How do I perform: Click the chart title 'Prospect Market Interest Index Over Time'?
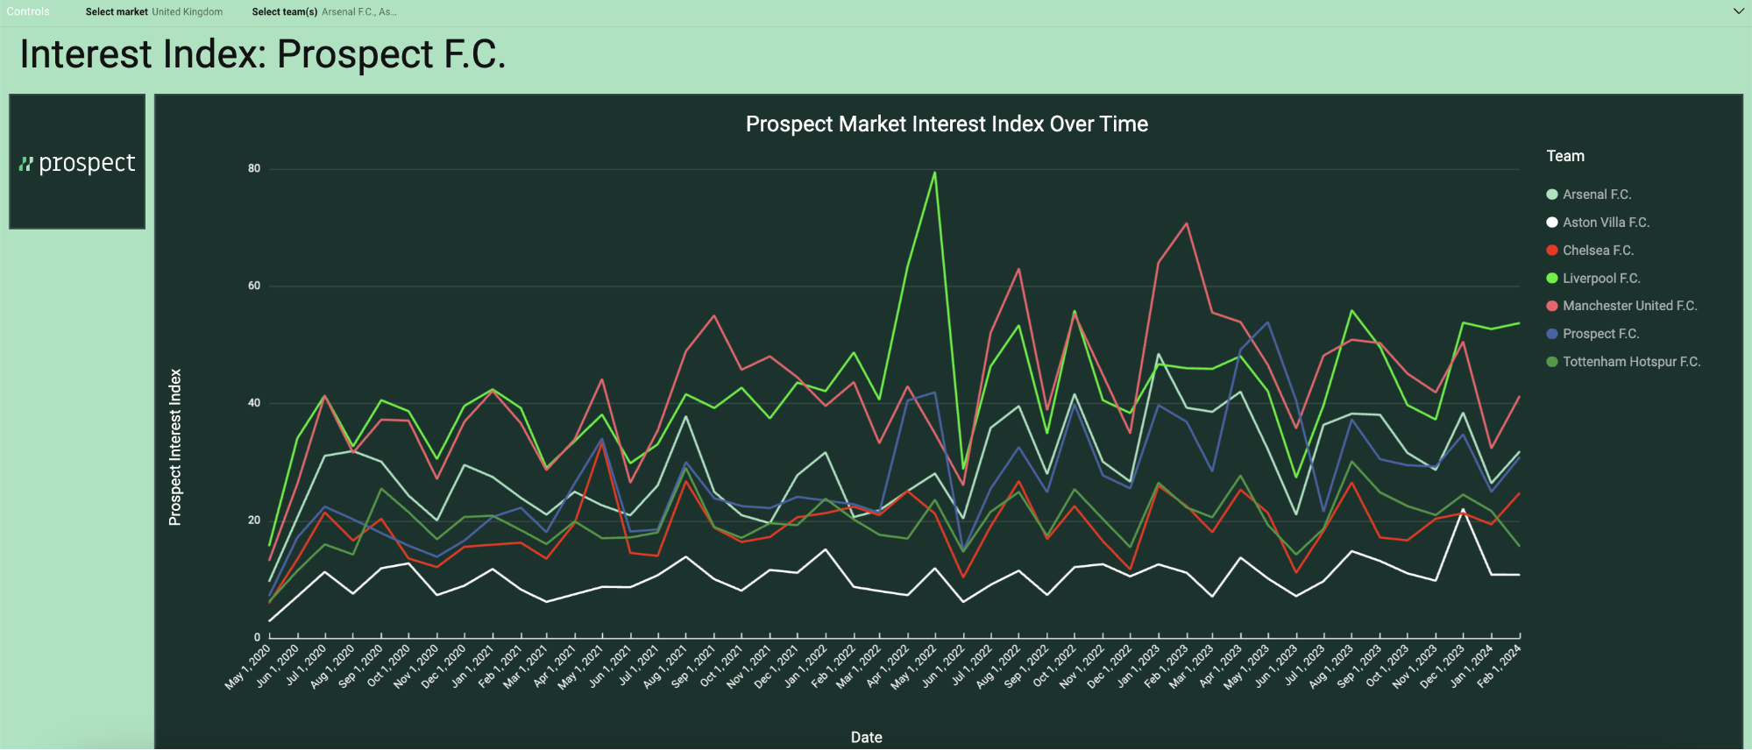pos(947,124)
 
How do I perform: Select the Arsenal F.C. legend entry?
pos(1596,195)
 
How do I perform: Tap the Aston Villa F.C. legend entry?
pos(1605,223)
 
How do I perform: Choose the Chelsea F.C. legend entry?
pos(1597,251)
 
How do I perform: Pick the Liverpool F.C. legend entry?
pos(1600,279)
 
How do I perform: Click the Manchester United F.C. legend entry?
pos(1628,306)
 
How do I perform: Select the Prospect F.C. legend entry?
pos(1599,334)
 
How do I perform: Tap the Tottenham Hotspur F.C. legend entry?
pos(1630,362)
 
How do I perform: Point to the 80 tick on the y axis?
pos(254,168)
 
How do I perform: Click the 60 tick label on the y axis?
pos(254,286)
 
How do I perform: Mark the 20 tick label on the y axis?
pos(254,520)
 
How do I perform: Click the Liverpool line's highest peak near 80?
pos(935,173)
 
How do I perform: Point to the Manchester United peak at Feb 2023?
pos(1187,223)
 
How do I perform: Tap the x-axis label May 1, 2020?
pos(248,668)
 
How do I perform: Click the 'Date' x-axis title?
pos(866,737)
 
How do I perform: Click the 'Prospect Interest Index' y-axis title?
pos(175,447)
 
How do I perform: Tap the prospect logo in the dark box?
pos(77,163)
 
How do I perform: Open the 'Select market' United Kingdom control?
pos(154,12)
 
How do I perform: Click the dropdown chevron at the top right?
pos(1739,11)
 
